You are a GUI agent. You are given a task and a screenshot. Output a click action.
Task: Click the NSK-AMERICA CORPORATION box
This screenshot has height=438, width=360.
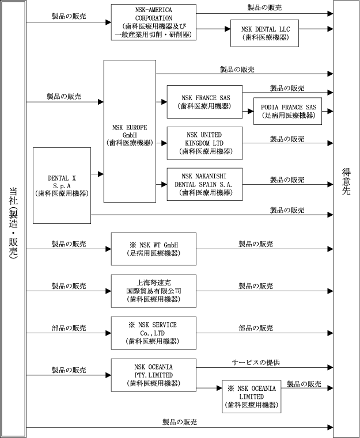(x=153, y=22)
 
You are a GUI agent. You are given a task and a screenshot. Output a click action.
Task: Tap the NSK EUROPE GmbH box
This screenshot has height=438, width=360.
(x=129, y=131)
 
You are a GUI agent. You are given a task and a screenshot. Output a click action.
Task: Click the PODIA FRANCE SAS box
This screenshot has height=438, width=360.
(x=288, y=111)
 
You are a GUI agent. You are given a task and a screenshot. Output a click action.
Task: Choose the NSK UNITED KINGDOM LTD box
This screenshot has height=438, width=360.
(x=204, y=143)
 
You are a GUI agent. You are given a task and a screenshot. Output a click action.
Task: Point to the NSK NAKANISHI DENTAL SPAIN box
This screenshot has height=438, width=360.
(x=204, y=184)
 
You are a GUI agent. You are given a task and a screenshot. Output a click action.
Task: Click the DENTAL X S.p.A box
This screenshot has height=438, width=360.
(x=62, y=185)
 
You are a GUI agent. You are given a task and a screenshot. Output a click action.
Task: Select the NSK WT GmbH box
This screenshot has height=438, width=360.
(x=153, y=247)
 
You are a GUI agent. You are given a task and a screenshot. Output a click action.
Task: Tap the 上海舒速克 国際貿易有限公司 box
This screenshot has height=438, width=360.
(x=153, y=290)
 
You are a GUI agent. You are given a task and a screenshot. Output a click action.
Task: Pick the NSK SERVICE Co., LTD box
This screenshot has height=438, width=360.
(x=153, y=333)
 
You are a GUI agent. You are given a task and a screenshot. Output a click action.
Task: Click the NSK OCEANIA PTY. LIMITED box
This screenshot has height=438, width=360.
(x=153, y=375)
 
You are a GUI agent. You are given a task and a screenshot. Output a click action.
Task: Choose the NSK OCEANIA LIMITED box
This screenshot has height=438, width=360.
(x=252, y=397)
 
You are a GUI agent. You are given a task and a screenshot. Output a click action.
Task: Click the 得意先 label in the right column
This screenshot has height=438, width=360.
(x=346, y=183)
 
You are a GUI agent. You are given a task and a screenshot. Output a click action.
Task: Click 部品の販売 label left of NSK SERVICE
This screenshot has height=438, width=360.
(x=69, y=327)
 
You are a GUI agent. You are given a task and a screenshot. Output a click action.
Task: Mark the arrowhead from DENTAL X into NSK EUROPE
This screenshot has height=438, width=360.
(x=101, y=173)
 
